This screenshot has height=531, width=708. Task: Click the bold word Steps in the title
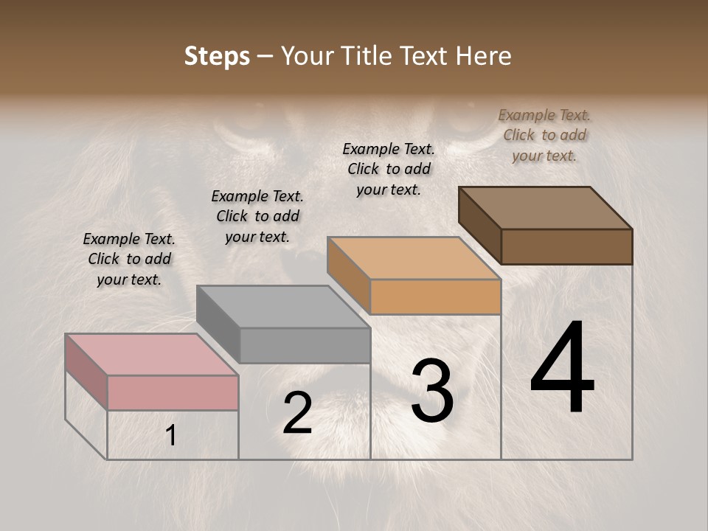(217, 56)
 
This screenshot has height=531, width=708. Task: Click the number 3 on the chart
(431, 391)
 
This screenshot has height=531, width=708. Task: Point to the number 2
(297, 414)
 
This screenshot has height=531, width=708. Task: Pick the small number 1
(170, 437)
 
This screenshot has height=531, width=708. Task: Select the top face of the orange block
(414, 258)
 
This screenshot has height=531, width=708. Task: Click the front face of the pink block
(173, 392)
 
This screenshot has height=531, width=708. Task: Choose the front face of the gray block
(305, 345)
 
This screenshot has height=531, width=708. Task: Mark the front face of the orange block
(435, 296)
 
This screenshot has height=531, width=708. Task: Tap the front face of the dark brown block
(566, 246)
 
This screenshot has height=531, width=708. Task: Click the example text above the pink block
(129, 259)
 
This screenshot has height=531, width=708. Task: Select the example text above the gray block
(257, 216)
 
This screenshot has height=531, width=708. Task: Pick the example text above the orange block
(389, 169)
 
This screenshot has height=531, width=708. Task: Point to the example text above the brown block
(544, 135)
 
